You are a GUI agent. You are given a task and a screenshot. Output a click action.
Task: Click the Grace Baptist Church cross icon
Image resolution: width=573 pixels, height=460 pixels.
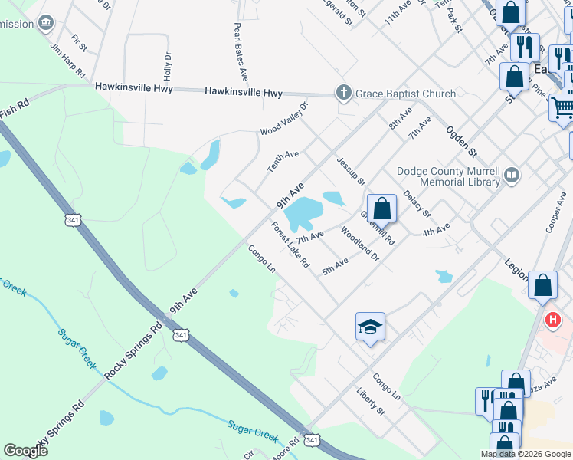(x=343, y=93)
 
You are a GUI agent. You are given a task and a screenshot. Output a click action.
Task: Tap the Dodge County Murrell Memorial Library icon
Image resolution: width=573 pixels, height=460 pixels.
(x=512, y=176)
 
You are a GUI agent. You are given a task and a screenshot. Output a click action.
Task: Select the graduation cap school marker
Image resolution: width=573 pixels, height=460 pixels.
(x=370, y=327)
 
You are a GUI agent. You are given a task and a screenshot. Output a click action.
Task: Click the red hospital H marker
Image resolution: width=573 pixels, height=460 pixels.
(x=552, y=319)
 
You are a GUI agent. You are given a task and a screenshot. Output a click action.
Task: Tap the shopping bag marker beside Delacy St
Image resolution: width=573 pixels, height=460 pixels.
(x=381, y=208)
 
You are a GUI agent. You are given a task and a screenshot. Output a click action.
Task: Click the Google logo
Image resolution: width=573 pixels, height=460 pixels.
(x=25, y=451)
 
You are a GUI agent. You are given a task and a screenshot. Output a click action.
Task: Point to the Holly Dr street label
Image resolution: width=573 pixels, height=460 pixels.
(x=167, y=67)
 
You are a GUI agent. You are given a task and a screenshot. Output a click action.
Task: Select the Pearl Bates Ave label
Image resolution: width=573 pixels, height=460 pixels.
(x=241, y=52)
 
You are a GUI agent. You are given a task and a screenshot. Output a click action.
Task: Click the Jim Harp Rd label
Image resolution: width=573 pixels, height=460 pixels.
(x=67, y=60)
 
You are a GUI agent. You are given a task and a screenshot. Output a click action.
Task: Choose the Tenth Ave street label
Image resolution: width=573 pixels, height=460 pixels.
(x=282, y=159)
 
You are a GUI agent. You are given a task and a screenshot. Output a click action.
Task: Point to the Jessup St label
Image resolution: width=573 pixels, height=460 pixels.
(x=350, y=173)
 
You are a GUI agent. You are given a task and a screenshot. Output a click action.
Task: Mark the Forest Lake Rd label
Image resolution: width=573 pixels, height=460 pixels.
(x=290, y=245)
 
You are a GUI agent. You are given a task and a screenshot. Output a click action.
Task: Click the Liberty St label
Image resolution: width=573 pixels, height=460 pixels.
(x=369, y=402)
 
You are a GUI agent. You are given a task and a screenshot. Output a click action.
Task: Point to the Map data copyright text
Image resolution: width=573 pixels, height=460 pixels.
(x=526, y=454)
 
